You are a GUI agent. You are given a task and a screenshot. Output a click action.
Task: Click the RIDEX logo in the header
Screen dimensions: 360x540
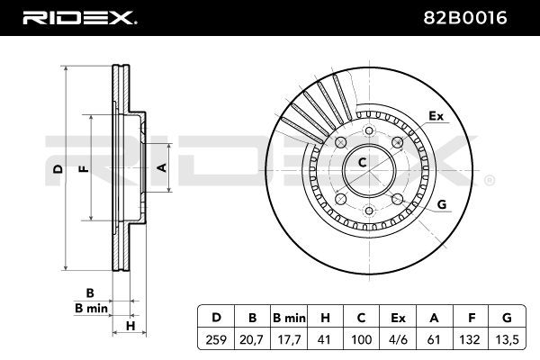[78, 17]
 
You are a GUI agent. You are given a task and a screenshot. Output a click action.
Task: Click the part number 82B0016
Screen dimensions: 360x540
[476, 17]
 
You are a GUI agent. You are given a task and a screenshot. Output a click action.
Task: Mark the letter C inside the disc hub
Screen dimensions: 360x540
[362, 163]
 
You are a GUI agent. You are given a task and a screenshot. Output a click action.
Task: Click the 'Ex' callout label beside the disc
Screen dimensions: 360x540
[436, 116]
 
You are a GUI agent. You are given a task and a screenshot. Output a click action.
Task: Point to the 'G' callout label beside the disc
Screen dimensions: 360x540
[442, 204]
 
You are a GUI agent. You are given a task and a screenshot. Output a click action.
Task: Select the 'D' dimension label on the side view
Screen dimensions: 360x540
[57, 169]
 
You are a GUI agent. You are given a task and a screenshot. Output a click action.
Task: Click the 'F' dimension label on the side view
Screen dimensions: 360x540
[84, 168]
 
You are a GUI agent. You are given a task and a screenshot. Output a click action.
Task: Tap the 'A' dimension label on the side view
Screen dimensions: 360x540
[162, 167]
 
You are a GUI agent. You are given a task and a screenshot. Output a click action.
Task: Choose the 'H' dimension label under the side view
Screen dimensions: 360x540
[130, 325]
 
